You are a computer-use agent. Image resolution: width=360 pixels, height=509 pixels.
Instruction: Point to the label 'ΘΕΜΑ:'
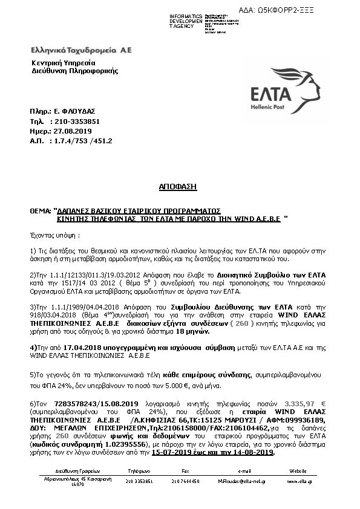(x=41, y=212)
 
